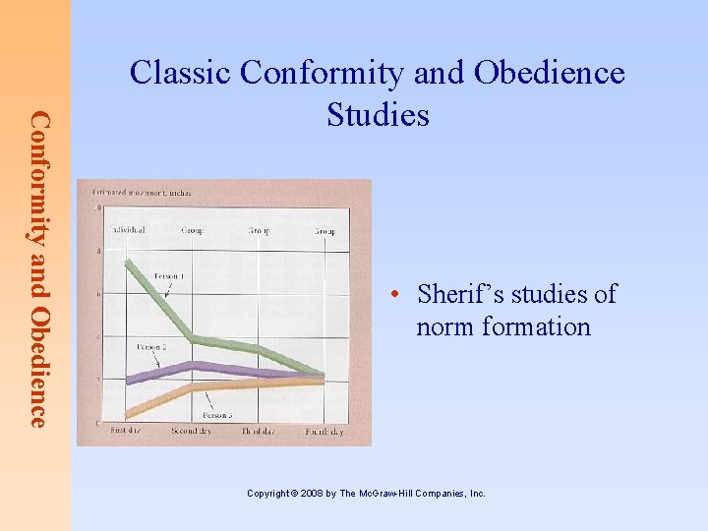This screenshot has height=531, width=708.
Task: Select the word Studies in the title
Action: pos(378,115)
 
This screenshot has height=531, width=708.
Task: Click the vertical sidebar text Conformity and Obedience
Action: pos(37,268)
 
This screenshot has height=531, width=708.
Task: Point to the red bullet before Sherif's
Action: pos(392,295)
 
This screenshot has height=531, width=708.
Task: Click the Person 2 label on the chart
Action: pos(151,347)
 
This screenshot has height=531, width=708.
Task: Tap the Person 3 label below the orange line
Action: pos(217,416)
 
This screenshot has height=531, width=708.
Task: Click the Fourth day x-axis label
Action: pos(324,432)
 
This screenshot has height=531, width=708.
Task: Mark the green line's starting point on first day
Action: pos(128,263)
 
